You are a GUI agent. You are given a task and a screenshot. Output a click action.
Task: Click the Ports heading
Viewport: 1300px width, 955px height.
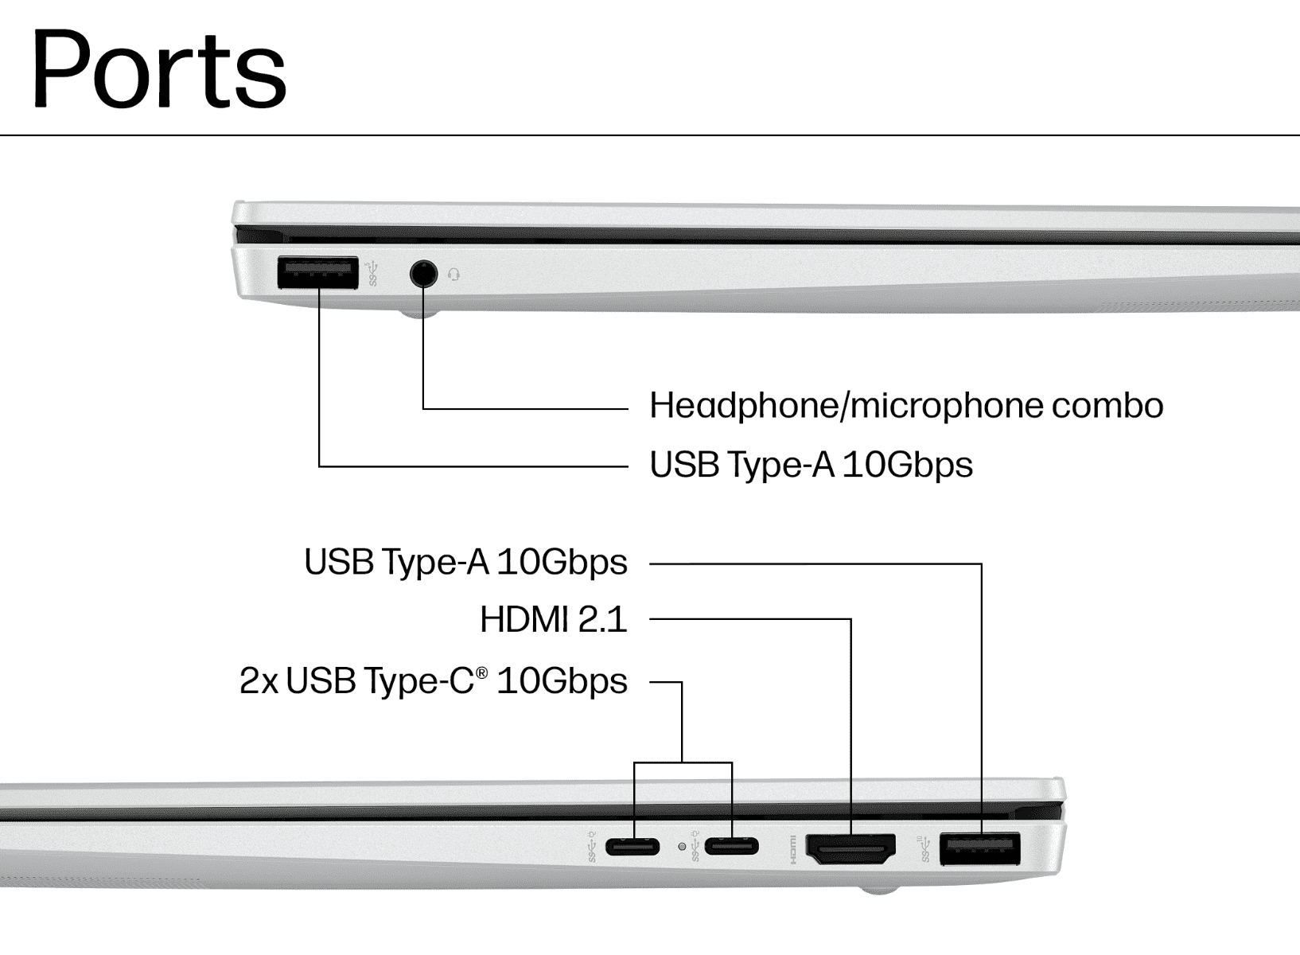coord(159,69)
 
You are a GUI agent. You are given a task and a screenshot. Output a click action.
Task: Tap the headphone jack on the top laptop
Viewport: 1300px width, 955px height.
coord(423,273)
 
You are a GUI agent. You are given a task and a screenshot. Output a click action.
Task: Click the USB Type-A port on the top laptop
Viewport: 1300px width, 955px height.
coord(317,272)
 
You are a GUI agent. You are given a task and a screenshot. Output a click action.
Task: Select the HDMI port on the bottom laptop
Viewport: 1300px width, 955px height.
coord(850,848)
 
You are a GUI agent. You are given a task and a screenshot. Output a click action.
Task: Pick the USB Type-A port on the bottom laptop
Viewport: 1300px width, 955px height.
coord(979,849)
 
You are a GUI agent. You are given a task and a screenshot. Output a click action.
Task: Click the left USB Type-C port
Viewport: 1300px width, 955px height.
coord(632,847)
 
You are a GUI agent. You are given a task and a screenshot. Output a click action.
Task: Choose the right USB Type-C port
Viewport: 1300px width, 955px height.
coord(731,847)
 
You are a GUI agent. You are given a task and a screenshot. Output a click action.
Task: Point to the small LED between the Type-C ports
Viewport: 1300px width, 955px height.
coord(682,847)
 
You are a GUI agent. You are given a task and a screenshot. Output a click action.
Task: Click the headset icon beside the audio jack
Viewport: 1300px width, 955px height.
coord(453,274)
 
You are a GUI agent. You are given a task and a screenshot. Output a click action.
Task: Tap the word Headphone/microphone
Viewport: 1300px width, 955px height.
coord(847,406)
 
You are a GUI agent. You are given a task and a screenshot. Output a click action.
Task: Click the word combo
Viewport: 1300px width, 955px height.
coord(1107,406)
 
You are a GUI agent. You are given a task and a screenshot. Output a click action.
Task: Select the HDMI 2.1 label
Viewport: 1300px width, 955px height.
coord(554,619)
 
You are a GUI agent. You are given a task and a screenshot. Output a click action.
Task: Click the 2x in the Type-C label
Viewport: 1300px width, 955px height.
coord(259,680)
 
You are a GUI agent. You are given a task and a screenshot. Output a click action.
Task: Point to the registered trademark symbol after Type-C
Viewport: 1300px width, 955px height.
coord(481,672)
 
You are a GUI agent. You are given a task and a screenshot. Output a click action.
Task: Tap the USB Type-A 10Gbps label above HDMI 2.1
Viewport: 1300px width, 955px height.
coord(466,563)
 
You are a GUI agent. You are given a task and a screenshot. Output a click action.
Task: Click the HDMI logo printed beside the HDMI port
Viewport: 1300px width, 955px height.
coord(793,849)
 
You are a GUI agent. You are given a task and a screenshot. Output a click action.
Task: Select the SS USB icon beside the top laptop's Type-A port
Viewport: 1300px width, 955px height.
coord(372,274)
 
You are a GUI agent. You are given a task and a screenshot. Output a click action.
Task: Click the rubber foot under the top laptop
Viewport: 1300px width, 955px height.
coord(419,314)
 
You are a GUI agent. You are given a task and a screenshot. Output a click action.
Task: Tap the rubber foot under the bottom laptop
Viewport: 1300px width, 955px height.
coord(879,890)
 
